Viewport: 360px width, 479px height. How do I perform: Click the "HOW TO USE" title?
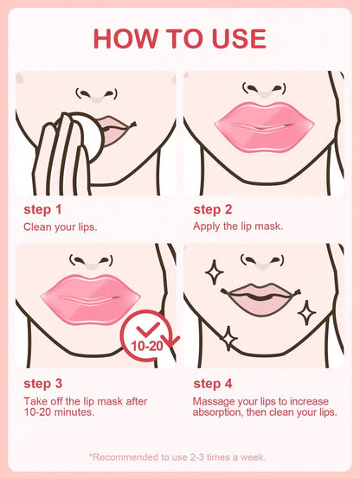pyautogui.click(x=180, y=38)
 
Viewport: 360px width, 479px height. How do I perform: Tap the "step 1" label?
pyautogui.click(x=42, y=209)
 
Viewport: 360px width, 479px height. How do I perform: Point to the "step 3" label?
pyautogui.click(x=42, y=384)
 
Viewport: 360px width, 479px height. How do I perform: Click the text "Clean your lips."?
pyautogui.click(x=60, y=227)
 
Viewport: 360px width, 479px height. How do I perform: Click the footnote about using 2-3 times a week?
pyautogui.click(x=180, y=457)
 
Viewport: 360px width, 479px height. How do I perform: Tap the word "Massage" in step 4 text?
pyautogui.click(x=216, y=401)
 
